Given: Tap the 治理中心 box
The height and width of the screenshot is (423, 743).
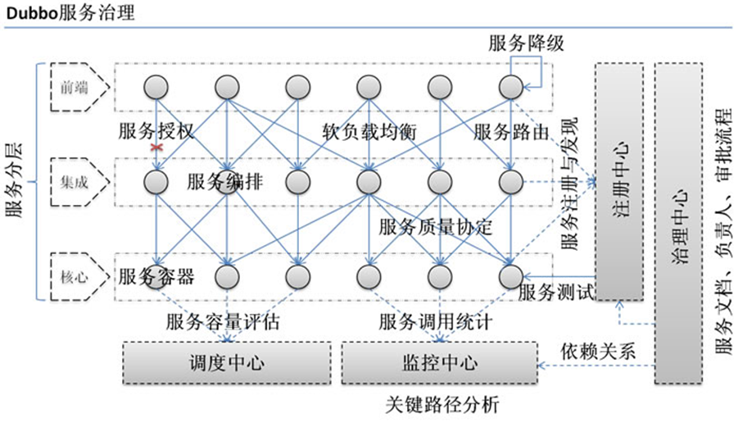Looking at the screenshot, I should [x=678, y=221].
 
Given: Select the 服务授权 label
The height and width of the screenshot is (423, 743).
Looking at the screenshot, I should [x=156, y=131].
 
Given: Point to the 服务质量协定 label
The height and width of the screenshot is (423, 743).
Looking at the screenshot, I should [x=435, y=227].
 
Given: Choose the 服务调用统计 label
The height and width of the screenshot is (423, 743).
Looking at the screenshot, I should [x=435, y=322].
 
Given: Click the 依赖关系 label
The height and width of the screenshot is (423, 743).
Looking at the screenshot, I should [x=598, y=350].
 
